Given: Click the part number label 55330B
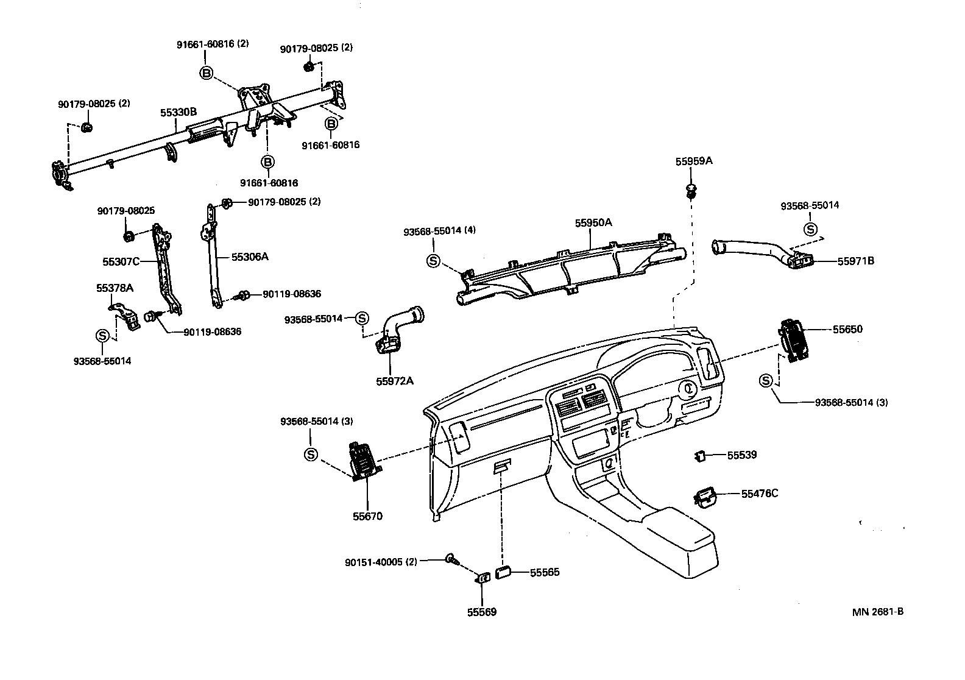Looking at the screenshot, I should pos(178,112).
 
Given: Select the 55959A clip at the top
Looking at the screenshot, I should pos(691,190).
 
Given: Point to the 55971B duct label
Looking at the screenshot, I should pos(855,261).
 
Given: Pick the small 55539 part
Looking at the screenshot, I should pos(701,455).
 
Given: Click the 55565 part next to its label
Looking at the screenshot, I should pos(503,572).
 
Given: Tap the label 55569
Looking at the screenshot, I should pos(482,612).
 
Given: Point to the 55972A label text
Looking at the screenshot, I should pos(394,381).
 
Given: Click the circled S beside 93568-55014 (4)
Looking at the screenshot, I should pos(433,261).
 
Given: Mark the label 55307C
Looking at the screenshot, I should pos(121,261).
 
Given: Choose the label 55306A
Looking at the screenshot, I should pos(250,257).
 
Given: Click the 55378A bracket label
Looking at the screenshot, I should pos(115,288).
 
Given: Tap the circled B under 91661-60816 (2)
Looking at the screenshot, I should pos(207,73).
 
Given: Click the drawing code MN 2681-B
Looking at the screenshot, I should pos(877,612).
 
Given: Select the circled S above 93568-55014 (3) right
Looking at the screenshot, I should pos(766,381).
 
